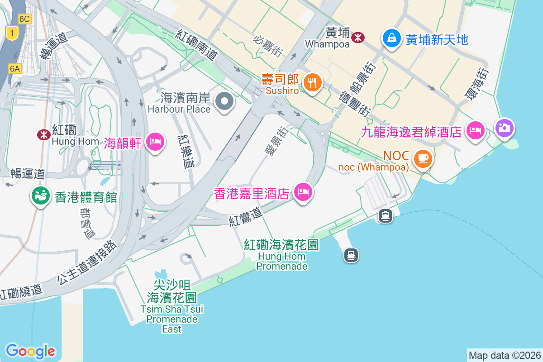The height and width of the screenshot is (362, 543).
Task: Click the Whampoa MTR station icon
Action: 357,38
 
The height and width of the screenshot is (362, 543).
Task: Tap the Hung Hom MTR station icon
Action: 43,134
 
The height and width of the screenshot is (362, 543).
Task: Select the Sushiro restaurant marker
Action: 312,82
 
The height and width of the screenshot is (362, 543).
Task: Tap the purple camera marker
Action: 504,128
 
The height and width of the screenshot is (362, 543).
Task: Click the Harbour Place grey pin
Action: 224,101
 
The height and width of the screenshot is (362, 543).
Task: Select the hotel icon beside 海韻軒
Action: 155,142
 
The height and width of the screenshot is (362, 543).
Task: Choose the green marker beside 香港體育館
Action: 40,196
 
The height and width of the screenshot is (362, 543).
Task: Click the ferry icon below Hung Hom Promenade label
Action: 351,255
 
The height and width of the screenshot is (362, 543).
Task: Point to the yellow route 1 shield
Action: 12,32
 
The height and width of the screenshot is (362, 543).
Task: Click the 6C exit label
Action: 24,19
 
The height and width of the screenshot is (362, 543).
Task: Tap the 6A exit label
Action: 14,69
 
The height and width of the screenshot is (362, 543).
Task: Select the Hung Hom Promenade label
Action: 282,256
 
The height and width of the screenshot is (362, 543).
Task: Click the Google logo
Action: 30,351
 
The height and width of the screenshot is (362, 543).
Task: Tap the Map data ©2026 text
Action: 504,355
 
